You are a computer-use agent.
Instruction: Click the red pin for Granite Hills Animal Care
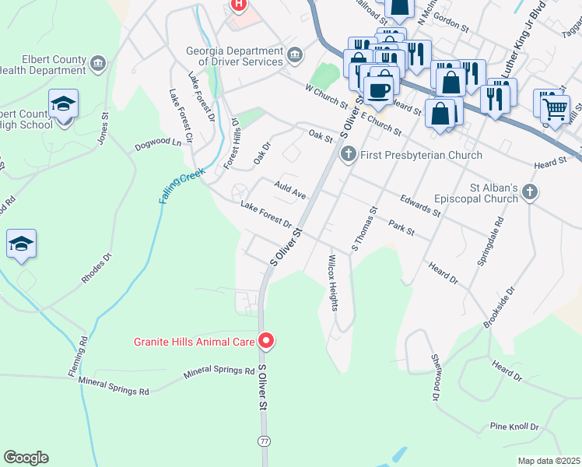point(266,341)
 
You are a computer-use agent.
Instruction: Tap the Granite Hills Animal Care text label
point(195,341)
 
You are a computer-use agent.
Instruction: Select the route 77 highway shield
point(265,441)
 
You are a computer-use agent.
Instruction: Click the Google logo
point(26,458)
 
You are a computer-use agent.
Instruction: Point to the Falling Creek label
point(181,188)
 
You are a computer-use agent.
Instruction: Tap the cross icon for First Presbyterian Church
point(348,155)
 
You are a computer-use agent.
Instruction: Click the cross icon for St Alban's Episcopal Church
point(530,191)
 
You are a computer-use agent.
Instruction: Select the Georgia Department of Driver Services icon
point(295,54)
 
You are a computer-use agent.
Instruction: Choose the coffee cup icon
point(379,90)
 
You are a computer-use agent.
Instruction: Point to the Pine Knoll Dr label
point(514,427)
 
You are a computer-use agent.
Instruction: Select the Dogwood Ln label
point(157,143)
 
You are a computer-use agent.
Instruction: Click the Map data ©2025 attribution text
point(549,461)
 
